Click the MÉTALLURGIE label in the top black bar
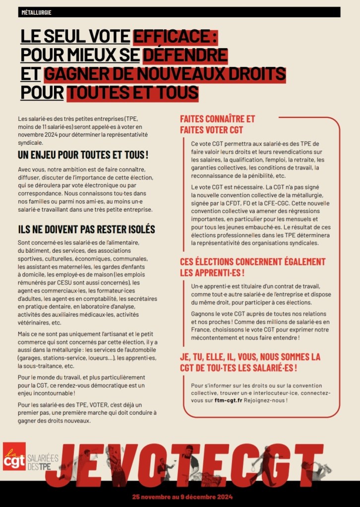point(37,12)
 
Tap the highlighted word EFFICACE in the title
point(176,36)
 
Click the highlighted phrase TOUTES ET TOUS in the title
point(132,92)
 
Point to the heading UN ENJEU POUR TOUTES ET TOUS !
point(83,155)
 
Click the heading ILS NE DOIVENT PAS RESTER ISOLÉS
point(86,229)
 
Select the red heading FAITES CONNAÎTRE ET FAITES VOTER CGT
point(218,124)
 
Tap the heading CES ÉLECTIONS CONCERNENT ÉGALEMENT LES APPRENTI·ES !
point(253,268)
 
